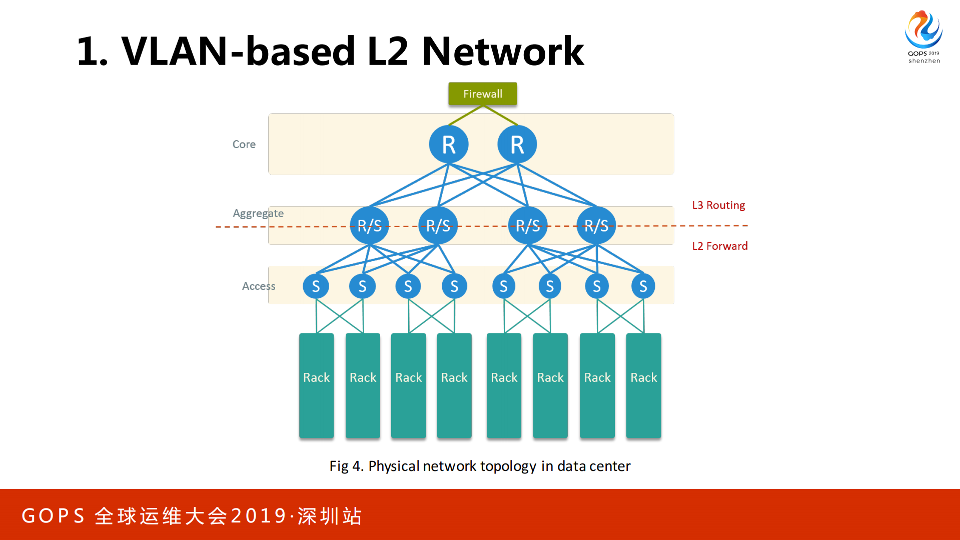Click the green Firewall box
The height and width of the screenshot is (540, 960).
482,94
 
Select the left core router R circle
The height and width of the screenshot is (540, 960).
448,145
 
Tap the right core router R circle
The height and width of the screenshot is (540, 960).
517,145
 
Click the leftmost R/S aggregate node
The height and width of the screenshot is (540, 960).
369,226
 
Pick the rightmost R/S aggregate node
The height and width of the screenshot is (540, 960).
596,226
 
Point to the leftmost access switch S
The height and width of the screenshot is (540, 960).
316,286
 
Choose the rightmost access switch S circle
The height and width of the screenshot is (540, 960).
643,286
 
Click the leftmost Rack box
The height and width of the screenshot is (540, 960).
316,385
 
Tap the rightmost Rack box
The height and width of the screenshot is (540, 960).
643,385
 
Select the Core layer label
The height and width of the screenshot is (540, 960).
244,145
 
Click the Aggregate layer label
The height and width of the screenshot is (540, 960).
258,214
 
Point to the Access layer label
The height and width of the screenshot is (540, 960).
258,286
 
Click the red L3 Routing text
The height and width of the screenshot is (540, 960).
718,205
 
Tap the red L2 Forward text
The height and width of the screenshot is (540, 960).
719,246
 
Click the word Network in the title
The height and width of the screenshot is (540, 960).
502,52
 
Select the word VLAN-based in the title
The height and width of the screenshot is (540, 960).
238,52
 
